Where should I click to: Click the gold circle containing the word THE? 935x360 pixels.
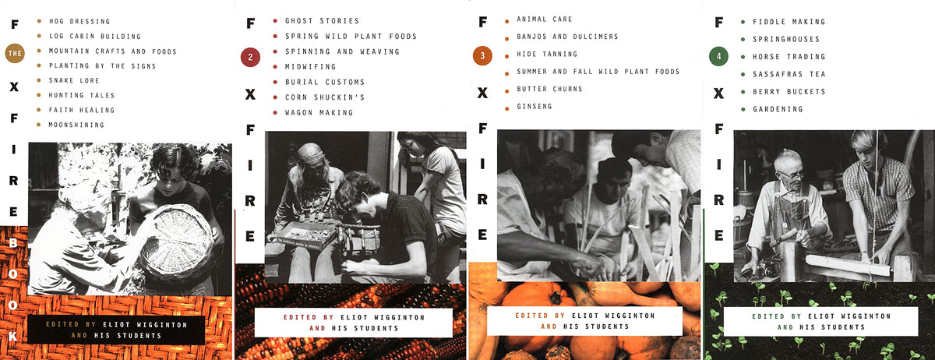(15, 54)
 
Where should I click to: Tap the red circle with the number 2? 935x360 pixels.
(250, 57)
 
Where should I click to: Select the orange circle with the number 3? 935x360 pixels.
(482, 56)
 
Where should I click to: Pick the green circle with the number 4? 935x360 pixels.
(718, 56)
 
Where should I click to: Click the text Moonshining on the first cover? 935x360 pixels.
(76, 125)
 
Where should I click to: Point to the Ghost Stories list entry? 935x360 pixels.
(322, 21)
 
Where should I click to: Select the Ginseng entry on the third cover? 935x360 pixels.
(535, 107)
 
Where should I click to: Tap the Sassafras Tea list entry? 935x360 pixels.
(789, 74)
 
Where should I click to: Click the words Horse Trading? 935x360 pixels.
(789, 57)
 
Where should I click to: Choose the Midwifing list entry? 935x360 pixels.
(310, 67)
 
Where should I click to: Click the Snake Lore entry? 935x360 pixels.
(74, 80)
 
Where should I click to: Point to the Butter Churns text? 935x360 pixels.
(549, 89)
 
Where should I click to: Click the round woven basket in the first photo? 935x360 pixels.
(178, 245)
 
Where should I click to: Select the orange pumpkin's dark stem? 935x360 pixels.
(556, 297)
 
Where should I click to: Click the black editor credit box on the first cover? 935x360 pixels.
(116, 330)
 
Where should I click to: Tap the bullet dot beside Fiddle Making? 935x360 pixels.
(743, 22)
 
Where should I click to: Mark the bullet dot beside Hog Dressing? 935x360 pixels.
(39, 21)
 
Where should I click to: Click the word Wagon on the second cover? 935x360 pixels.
(298, 113)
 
